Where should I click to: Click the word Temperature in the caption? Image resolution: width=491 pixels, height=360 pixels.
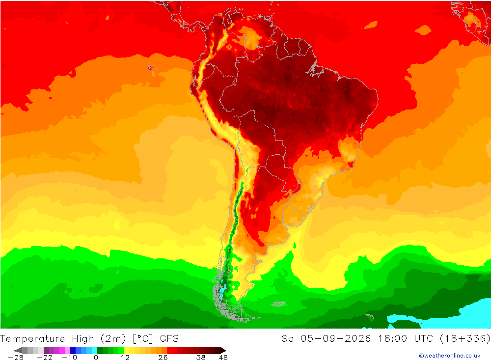(32, 339)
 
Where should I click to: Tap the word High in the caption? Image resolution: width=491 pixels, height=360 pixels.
(83, 339)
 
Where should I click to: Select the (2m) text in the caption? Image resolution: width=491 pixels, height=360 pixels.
(113, 339)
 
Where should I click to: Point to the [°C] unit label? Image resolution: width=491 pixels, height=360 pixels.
(143, 339)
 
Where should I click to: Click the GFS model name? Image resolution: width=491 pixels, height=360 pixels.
(169, 339)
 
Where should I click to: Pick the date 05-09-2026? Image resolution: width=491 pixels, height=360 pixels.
(336, 339)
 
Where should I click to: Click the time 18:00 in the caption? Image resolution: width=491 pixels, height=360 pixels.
(392, 339)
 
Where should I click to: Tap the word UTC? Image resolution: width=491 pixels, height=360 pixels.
(424, 339)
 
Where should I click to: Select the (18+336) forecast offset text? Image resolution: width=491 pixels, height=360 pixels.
(465, 339)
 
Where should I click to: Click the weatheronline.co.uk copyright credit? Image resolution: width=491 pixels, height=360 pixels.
(450, 356)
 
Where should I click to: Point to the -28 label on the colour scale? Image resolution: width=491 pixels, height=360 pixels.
(16, 358)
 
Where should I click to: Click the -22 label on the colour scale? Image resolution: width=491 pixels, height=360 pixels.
(45, 358)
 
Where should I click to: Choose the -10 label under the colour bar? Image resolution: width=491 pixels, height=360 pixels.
(69, 358)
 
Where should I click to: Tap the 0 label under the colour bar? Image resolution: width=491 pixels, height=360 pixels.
(96, 358)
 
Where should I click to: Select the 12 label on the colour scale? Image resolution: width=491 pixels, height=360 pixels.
(125, 358)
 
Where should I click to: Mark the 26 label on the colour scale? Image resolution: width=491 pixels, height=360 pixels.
(163, 358)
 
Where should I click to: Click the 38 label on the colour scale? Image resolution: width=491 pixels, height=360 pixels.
(201, 358)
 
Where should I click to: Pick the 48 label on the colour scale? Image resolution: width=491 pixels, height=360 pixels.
(223, 358)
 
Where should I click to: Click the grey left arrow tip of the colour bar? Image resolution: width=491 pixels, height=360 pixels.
(14, 350)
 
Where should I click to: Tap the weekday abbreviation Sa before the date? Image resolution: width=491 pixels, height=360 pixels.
(287, 339)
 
